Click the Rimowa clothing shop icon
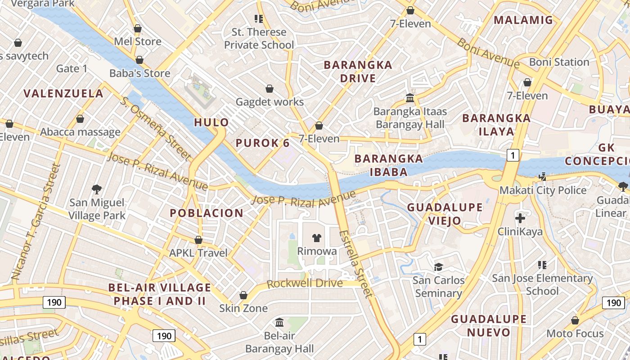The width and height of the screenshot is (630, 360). click(x=317, y=238)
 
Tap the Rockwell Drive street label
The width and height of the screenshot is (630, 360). click(x=305, y=284)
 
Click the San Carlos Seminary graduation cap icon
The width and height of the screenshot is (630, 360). click(x=438, y=267)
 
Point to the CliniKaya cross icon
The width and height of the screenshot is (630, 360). click(x=520, y=219)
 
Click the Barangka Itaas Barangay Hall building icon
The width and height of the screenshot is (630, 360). click(x=410, y=98)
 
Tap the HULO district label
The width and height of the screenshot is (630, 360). click(x=211, y=122)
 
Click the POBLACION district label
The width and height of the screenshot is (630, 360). click(x=207, y=213)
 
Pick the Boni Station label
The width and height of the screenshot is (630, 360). click(x=559, y=62)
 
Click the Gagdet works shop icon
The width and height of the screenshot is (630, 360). click(x=270, y=89)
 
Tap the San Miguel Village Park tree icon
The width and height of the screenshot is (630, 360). click(x=96, y=189)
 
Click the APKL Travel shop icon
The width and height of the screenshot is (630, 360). click(x=198, y=240)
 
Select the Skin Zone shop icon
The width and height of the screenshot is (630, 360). click(x=243, y=295)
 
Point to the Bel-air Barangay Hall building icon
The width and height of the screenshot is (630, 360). click(x=279, y=322)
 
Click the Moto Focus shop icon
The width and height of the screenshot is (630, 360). click(x=575, y=320)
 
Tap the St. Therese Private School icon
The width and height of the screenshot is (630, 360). click(x=259, y=19)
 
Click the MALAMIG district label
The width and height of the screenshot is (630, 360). click(x=523, y=20)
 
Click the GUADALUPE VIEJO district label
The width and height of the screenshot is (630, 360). click(x=445, y=214)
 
